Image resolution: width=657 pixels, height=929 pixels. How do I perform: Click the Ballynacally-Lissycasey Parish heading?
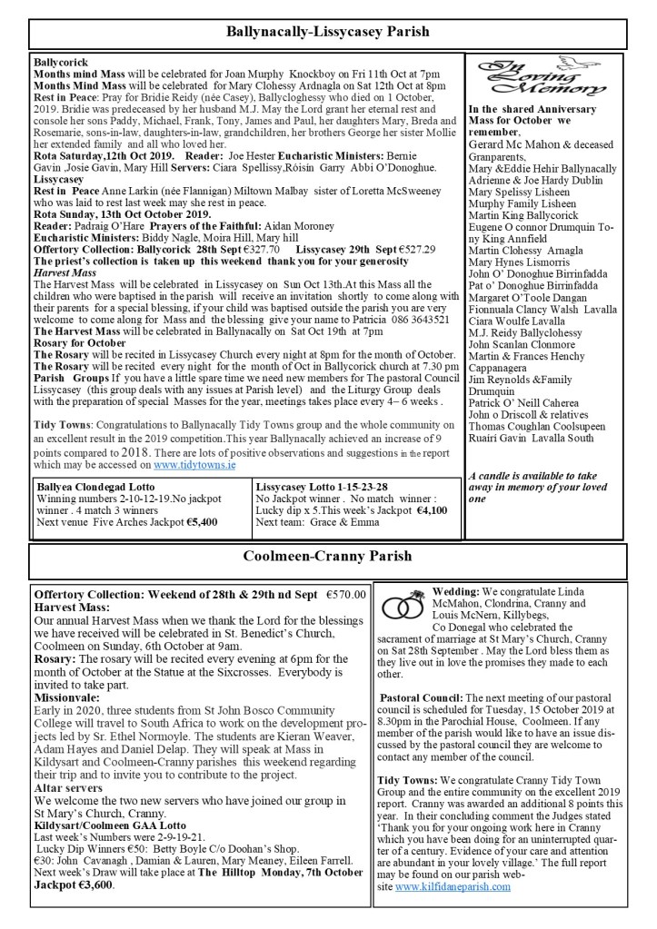coord(328,33)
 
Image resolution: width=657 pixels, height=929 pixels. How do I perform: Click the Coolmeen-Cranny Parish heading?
coord(328,557)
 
